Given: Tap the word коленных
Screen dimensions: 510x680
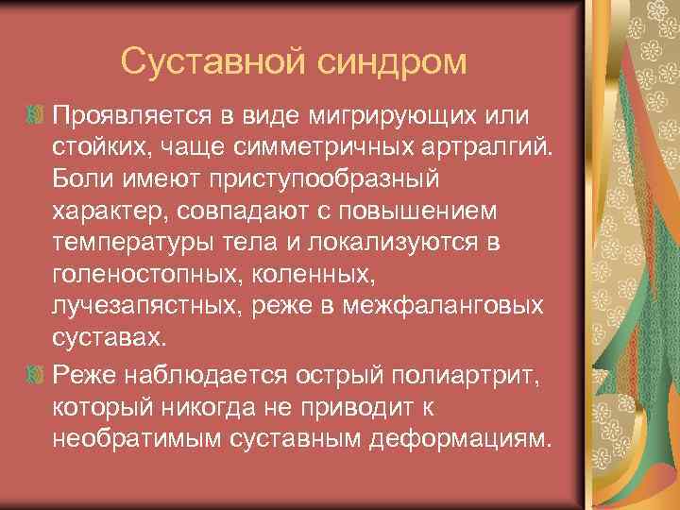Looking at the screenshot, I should pyautogui.click(x=319, y=277).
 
